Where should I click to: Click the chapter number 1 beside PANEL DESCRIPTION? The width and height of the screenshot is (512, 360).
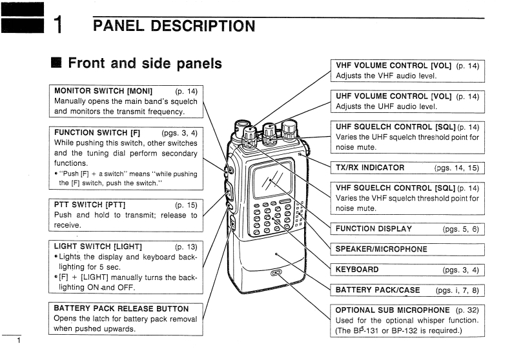(x=57, y=26)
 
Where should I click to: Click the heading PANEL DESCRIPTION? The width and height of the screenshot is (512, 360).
(x=174, y=26)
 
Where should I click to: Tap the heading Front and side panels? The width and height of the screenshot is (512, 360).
(x=145, y=63)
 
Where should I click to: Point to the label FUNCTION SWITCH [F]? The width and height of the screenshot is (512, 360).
(x=97, y=132)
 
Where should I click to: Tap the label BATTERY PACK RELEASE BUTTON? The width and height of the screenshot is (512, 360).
(x=121, y=308)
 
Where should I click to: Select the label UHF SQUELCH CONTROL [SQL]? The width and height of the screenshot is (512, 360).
(x=396, y=126)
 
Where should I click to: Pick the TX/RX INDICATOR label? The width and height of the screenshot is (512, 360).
(x=370, y=168)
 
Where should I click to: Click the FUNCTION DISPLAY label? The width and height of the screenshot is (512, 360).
(x=373, y=228)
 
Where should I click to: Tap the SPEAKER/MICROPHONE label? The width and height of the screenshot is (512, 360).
(x=382, y=249)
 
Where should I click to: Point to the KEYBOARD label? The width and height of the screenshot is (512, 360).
(x=357, y=269)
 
